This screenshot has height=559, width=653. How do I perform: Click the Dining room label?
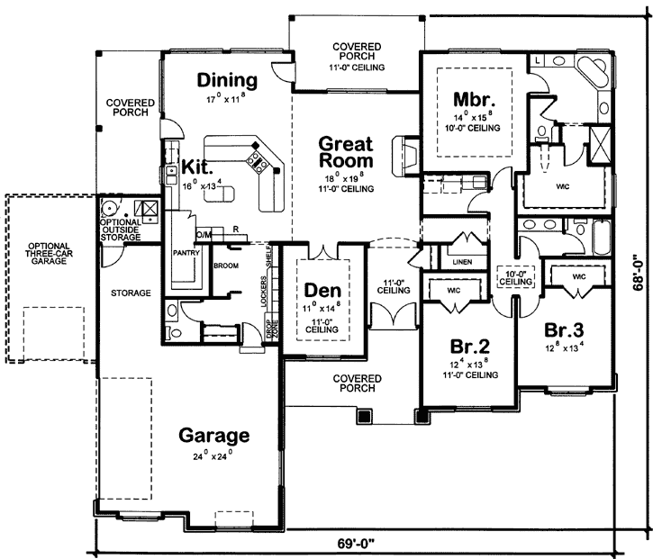pyautogui.click(x=227, y=80)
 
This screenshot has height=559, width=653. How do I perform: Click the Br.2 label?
pyautogui.click(x=468, y=345)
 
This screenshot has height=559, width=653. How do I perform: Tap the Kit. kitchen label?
pyautogui.click(x=197, y=167)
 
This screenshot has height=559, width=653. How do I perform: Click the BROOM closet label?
pyautogui.click(x=225, y=266)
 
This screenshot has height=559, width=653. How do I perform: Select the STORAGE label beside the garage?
pyautogui.click(x=131, y=293)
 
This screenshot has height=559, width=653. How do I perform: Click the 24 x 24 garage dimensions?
pyautogui.click(x=213, y=456)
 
